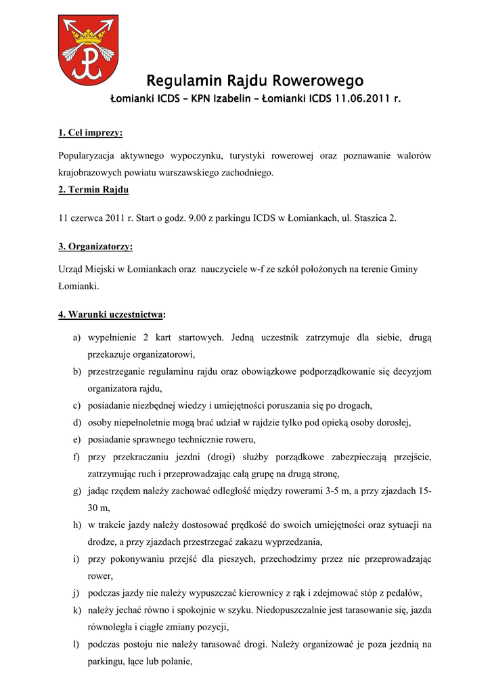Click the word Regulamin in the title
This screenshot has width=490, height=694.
[x=178, y=82]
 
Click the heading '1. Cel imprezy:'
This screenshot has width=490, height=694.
[x=90, y=132]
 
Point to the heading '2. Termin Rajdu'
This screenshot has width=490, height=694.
[x=93, y=189]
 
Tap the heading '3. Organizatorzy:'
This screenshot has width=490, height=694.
[x=95, y=246]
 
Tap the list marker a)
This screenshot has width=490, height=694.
[x=77, y=337]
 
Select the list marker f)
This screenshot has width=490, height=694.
[x=76, y=457]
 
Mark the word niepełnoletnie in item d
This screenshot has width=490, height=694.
[x=141, y=422]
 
